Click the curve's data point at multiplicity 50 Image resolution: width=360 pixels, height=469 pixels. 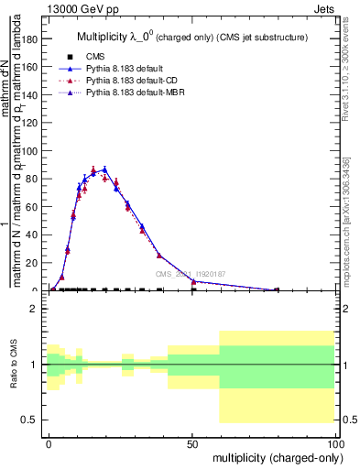pos(193,281)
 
